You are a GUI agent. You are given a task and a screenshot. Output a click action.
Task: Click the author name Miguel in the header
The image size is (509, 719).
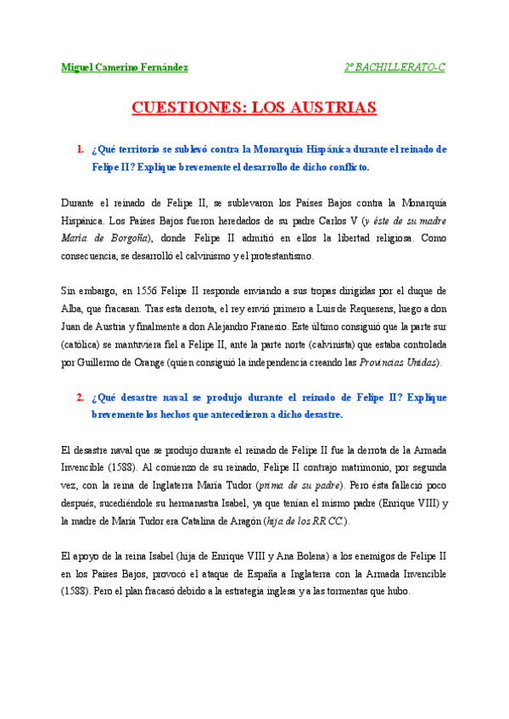[x=79, y=67]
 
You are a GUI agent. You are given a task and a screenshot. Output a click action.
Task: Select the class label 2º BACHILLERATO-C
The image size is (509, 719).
[x=394, y=67]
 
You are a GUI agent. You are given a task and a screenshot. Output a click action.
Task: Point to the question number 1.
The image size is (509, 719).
[x=80, y=149]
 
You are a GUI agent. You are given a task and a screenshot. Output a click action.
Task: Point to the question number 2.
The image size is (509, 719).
[x=80, y=397]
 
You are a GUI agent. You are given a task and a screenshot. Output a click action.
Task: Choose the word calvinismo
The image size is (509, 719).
[x=197, y=255]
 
